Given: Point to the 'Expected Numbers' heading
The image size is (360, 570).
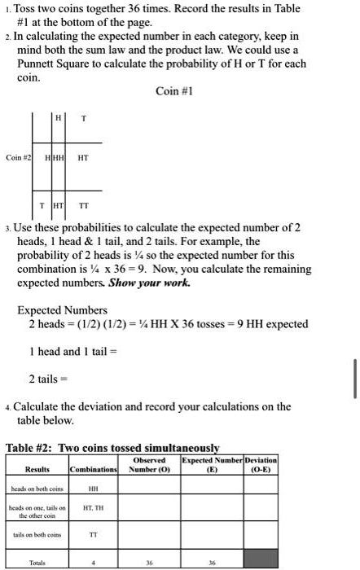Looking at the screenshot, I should coord(62,310).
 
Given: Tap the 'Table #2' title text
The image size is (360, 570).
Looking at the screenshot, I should coord(112,447).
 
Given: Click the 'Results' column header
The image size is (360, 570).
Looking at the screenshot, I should coord(37,470).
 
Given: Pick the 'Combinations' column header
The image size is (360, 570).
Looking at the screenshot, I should coord(95,470).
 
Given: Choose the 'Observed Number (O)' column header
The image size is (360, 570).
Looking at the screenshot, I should coord(148,465).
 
